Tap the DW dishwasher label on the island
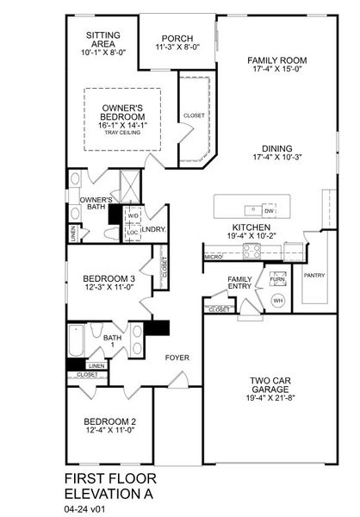click(270, 210)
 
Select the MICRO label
click(214, 256)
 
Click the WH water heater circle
click(277, 300)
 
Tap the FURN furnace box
click(277, 280)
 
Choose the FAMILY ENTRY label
click(240, 284)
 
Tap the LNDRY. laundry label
click(154, 228)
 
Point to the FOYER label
click(177, 357)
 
